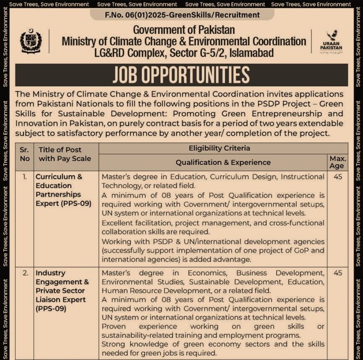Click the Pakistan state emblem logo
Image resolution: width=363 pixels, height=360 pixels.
coord(31,41)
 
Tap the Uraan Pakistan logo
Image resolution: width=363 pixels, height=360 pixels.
coord(332,42)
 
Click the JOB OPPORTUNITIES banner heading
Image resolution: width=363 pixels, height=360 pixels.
coord(181,75)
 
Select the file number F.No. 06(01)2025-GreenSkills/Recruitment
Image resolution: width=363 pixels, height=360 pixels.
coord(182,15)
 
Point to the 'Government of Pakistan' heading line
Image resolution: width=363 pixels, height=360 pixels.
coord(184,30)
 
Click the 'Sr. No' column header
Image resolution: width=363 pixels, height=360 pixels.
coord(24,154)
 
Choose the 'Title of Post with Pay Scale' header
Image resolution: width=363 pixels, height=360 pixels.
coord(65,154)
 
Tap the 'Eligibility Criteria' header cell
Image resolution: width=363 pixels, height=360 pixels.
coord(219,148)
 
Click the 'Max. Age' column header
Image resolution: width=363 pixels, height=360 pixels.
coord(337,162)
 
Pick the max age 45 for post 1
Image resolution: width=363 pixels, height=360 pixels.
coord(337,176)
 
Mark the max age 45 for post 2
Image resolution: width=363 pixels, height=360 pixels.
coord(337,273)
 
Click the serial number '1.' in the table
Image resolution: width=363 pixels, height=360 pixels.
coord(24,176)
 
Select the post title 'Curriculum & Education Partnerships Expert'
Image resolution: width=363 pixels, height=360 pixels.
coord(59,190)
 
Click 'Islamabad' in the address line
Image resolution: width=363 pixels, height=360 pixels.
coord(251,53)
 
